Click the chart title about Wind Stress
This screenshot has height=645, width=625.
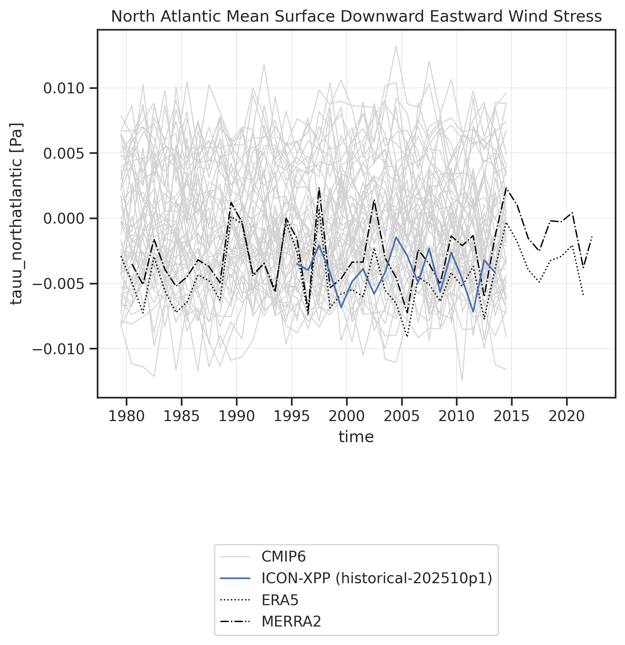pyautogui.click(x=356, y=17)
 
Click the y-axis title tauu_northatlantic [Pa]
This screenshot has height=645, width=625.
pyautogui.click(x=17, y=214)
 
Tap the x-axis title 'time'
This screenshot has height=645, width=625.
pyautogui.click(x=356, y=437)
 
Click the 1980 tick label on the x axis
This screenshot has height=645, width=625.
pyautogui.click(x=126, y=417)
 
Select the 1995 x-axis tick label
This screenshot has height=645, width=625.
pyautogui.click(x=291, y=417)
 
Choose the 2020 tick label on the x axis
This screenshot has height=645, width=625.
pyautogui.click(x=567, y=417)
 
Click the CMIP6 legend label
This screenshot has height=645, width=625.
pyautogui.click(x=284, y=557)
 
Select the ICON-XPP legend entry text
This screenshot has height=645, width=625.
pyautogui.click(x=377, y=578)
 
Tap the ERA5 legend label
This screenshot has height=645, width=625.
pyautogui.click(x=280, y=600)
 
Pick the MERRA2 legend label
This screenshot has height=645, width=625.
pyautogui.click(x=291, y=622)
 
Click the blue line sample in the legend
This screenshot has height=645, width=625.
pyautogui.click(x=235, y=578)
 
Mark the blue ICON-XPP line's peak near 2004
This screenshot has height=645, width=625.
pyautogui.click(x=396, y=237)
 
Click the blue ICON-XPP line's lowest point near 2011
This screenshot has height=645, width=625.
pyautogui.click(x=473, y=311)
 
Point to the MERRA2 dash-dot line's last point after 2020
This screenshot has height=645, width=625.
pyautogui.click(x=592, y=236)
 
